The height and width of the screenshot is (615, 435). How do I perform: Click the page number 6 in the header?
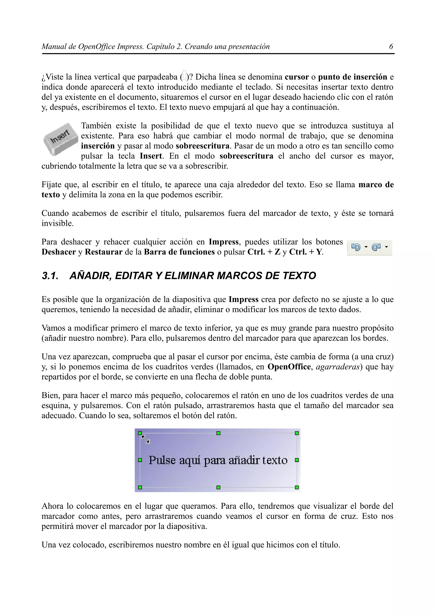(x=391, y=47)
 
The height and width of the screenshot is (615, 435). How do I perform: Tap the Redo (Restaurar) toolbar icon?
(x=376, y=247)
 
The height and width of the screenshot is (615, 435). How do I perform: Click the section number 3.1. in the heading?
(x=50, y=276)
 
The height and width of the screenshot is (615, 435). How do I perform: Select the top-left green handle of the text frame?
(x=140, y=433)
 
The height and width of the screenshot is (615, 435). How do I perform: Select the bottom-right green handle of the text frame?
(x=297, y=487)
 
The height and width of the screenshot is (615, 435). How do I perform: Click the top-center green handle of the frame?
(x=218, y=433)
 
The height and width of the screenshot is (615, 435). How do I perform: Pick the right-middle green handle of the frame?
(x=297, y=460)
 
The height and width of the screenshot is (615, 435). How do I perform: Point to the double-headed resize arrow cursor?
(x=145, y=439)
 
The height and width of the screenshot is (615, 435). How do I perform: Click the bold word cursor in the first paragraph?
(x=297, y=77)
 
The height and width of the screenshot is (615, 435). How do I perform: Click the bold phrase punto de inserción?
(x=352, y=77)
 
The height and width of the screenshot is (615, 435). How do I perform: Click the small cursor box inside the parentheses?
(x=184, y=76)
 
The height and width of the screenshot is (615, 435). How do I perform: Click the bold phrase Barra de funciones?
(x=179, y=252)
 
